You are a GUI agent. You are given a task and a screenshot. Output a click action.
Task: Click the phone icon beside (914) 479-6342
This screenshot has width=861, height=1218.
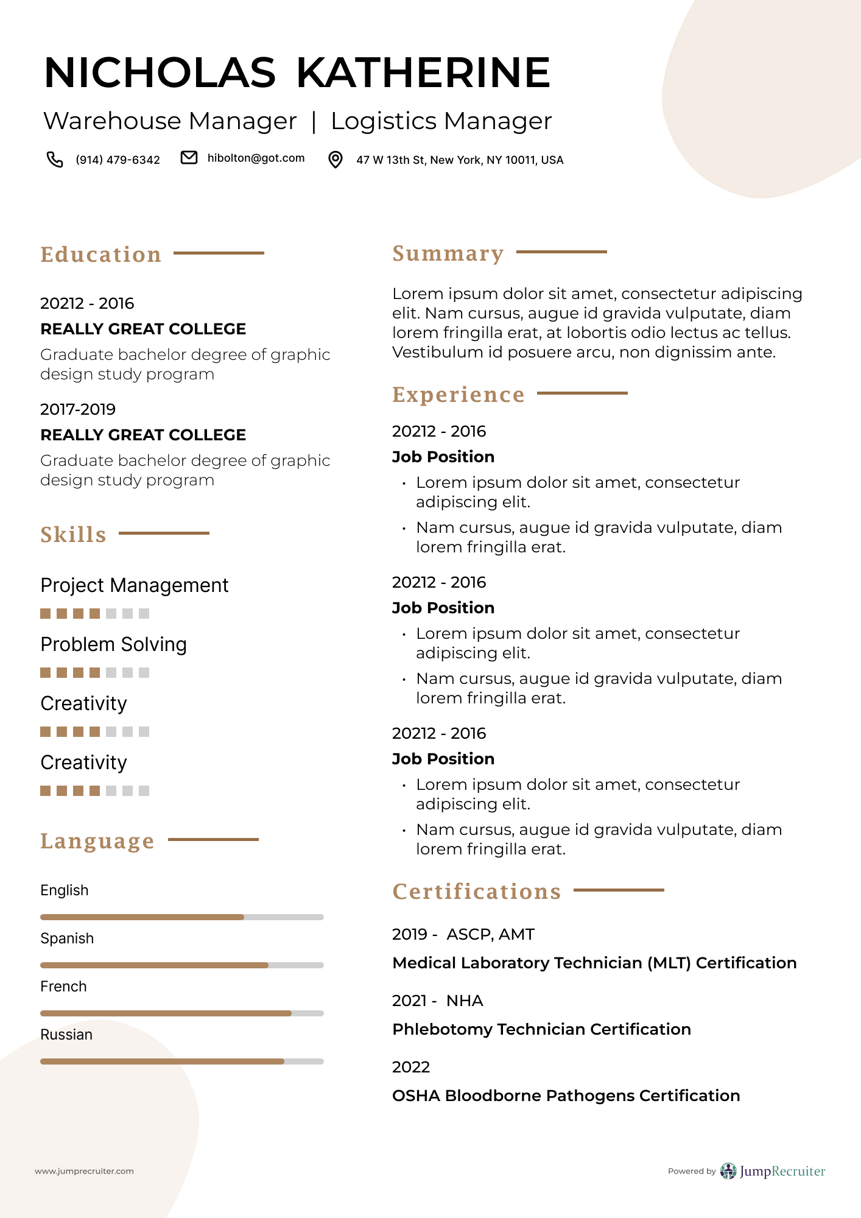(x=55, y=160)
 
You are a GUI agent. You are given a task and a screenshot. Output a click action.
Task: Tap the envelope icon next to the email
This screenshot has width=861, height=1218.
(x=189, y=158)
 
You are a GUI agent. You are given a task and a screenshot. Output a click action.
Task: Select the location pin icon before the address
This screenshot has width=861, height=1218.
(x=335, y=160)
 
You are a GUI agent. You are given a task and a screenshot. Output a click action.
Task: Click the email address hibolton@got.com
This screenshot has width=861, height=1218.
(x=256, y=158)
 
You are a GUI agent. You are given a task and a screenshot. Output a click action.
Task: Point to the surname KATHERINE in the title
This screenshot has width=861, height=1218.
(x=423, y=72)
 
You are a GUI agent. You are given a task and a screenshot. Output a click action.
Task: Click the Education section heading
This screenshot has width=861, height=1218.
(x=101, y=255)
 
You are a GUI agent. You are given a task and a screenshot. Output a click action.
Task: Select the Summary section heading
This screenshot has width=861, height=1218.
(x=448, y=253)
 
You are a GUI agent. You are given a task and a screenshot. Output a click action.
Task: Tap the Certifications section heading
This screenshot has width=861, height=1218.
(x=477, y=892)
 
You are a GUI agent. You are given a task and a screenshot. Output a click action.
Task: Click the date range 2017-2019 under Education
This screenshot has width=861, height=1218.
(x=78, y=409)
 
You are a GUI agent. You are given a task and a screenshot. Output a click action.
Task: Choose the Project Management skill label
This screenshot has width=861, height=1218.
(x=135, y=585)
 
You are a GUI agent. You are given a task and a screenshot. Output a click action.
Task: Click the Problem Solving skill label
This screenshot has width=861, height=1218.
(x=114, y=644)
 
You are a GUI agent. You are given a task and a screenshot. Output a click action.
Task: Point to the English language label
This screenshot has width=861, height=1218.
(x=65, y=890)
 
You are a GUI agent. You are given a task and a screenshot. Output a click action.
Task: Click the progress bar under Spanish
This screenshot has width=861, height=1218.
(x=181, y=965)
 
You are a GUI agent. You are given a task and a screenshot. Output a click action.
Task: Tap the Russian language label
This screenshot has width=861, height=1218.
(x=66, y=1035)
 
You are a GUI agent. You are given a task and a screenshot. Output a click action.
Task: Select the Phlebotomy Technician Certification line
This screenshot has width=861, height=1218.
(x=541, y=1029)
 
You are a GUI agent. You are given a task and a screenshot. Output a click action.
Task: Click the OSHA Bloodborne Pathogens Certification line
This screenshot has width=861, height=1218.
(x=566, y=1096)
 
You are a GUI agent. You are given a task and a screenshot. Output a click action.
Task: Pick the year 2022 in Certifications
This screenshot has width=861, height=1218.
(x=411, y=1067)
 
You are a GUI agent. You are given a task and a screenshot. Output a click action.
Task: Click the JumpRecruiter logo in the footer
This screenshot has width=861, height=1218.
(x=773, y=1171)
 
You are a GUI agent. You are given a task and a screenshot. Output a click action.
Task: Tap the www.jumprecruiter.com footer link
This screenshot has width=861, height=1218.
(x=84, y=1171)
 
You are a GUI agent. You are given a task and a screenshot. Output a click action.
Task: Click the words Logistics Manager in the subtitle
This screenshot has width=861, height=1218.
(x=441, y=121)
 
